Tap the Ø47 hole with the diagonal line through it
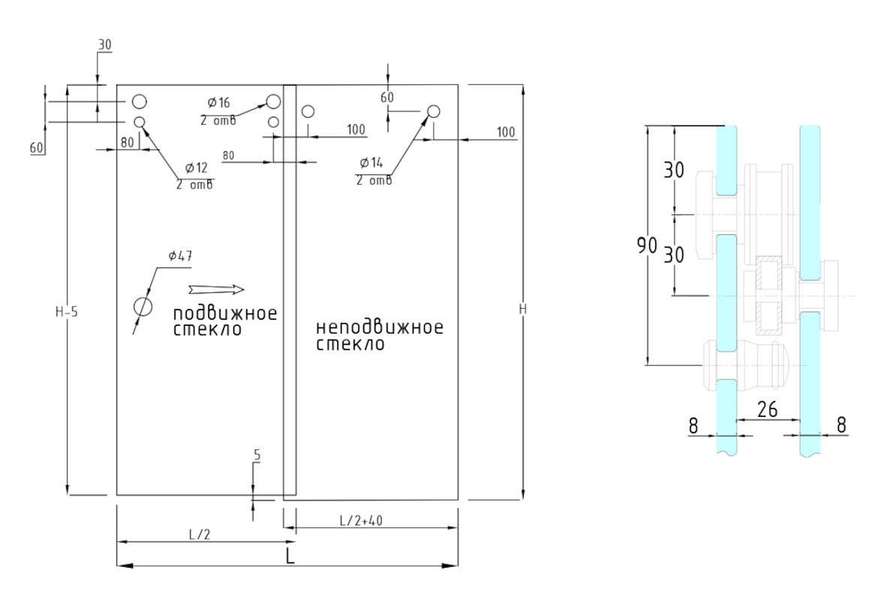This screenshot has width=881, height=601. pyautogui.click(x=142, y=307)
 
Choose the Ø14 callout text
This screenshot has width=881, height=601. pyautogui.click(x=372, y=162)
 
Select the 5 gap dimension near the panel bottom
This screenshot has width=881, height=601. pyautogui.click(x=257, y=455)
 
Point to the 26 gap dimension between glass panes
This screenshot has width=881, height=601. pyautogui.click(x=767, y=409)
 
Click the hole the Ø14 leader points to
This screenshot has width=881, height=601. pyautogui.click(x=433, y=111)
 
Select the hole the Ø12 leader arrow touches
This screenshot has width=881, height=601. pyautogui.click(x=140, y=122)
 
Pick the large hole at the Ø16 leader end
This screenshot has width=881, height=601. pyautogui.click(x=273, y=101)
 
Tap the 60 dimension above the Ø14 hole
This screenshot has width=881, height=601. pyautogui.click(x=387, y=96)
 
